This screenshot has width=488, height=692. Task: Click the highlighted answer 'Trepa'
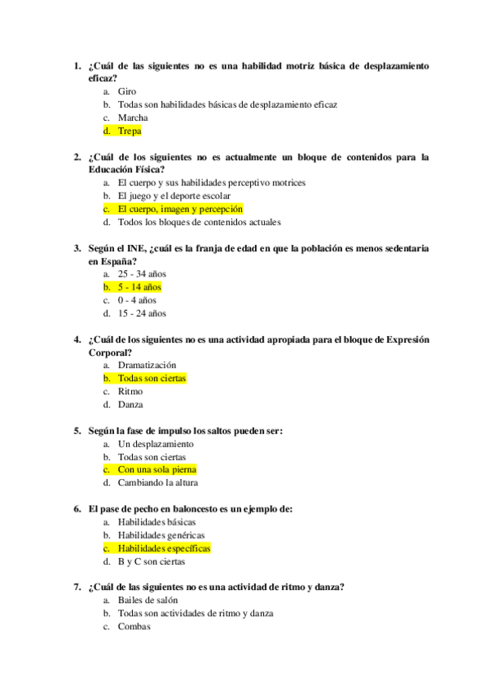[130, 131]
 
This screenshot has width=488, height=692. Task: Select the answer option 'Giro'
[127, 91]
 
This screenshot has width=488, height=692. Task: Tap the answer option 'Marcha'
[133, 118]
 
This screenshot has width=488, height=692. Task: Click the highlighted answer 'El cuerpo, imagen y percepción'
[180, 209]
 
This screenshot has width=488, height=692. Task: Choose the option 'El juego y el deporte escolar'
[174, 196]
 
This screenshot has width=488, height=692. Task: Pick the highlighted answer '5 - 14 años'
[139, 287]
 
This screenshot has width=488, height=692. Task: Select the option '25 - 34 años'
[142, 274]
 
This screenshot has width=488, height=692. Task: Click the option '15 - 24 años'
[142, 313]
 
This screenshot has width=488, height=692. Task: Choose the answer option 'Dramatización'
[147, 366]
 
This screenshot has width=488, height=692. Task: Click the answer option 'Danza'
[130, 405]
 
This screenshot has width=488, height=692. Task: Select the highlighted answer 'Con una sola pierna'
[156, 470]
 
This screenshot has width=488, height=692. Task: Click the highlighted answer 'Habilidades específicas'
[164, 548]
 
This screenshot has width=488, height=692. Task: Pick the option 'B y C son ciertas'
[151, 561]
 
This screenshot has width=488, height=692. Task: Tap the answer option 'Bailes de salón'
[147, 601]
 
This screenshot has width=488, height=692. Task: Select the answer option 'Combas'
[134, 627]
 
